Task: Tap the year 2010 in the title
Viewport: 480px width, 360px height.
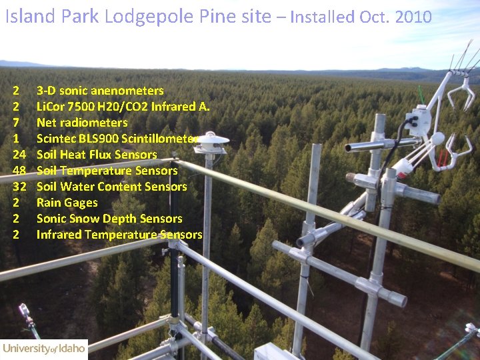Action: tap(413, 17)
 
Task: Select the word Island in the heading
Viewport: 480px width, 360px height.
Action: tap(31, 17)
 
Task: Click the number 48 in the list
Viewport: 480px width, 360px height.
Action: tap(19, 171)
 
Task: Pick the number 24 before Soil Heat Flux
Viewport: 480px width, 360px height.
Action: tap(19, 155)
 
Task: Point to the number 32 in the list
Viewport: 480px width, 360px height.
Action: tap(19, 187)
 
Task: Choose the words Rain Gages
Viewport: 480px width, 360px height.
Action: tap(67, 203)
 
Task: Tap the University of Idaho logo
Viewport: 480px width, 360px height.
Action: tap(44, 349)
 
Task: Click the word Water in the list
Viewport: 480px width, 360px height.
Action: tap(81, 187)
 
